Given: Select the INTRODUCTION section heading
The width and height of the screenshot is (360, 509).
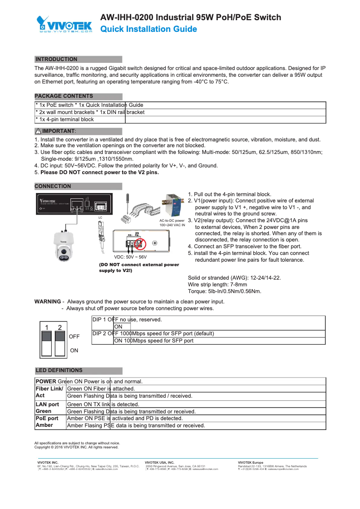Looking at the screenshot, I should (x=57, y=59).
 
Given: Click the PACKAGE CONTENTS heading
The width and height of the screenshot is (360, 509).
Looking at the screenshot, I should (x=64, y=96).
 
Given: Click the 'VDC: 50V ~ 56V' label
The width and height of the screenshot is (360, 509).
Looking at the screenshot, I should (x=130, y=257).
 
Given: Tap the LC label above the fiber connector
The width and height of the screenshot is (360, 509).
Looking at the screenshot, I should (x=101, y=217).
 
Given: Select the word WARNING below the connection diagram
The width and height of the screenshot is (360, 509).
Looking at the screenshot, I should (x=48, y=302).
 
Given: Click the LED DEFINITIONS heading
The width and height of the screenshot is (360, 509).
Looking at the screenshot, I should (x=59, y=370).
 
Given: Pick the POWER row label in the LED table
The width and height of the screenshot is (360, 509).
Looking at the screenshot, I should (x=46, y=382).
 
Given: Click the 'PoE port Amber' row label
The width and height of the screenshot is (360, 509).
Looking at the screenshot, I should (x=47, y=421).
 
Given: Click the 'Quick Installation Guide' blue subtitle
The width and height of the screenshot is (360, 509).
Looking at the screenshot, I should (x=149, y=29).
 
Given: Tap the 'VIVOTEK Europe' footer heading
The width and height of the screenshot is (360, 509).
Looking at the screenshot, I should (x=250, y=462).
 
